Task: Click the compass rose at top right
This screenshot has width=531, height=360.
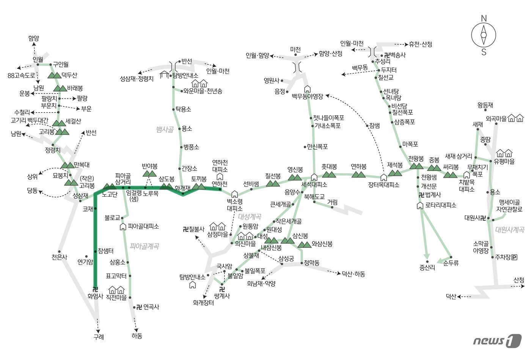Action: tap(484, 35)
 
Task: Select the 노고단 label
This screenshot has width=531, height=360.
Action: tap(110, 194)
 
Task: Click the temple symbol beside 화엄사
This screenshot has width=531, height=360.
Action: tap(95, 289)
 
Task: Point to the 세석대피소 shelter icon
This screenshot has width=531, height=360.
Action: tap(314, 177)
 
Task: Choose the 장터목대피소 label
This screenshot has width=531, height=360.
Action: tap(383, 185)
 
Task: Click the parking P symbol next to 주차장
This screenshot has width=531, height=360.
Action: tap(514, 257)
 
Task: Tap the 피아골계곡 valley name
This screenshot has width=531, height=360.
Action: tap(144, 246)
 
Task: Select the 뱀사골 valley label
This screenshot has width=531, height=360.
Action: tap(165, 130)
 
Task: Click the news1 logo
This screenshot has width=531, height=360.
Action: tap(497, 341)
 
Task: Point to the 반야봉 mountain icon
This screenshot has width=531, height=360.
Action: tap(149, 174)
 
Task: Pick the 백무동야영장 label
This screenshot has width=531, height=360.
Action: tap(307, 97)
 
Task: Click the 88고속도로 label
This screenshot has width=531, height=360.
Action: tap(22, 75)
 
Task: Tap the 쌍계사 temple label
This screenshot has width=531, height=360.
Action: tap(222, 296)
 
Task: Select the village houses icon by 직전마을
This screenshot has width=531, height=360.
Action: tap(116, 290)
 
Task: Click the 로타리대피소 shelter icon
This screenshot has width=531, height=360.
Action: tap(420, 205)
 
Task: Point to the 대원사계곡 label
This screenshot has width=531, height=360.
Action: tap(510, 230)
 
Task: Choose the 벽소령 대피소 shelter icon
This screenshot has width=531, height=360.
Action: tap(234, 194)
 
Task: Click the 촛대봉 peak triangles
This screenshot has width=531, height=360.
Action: tap(329, 174)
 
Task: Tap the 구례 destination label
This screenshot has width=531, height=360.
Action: tap(99, 337)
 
